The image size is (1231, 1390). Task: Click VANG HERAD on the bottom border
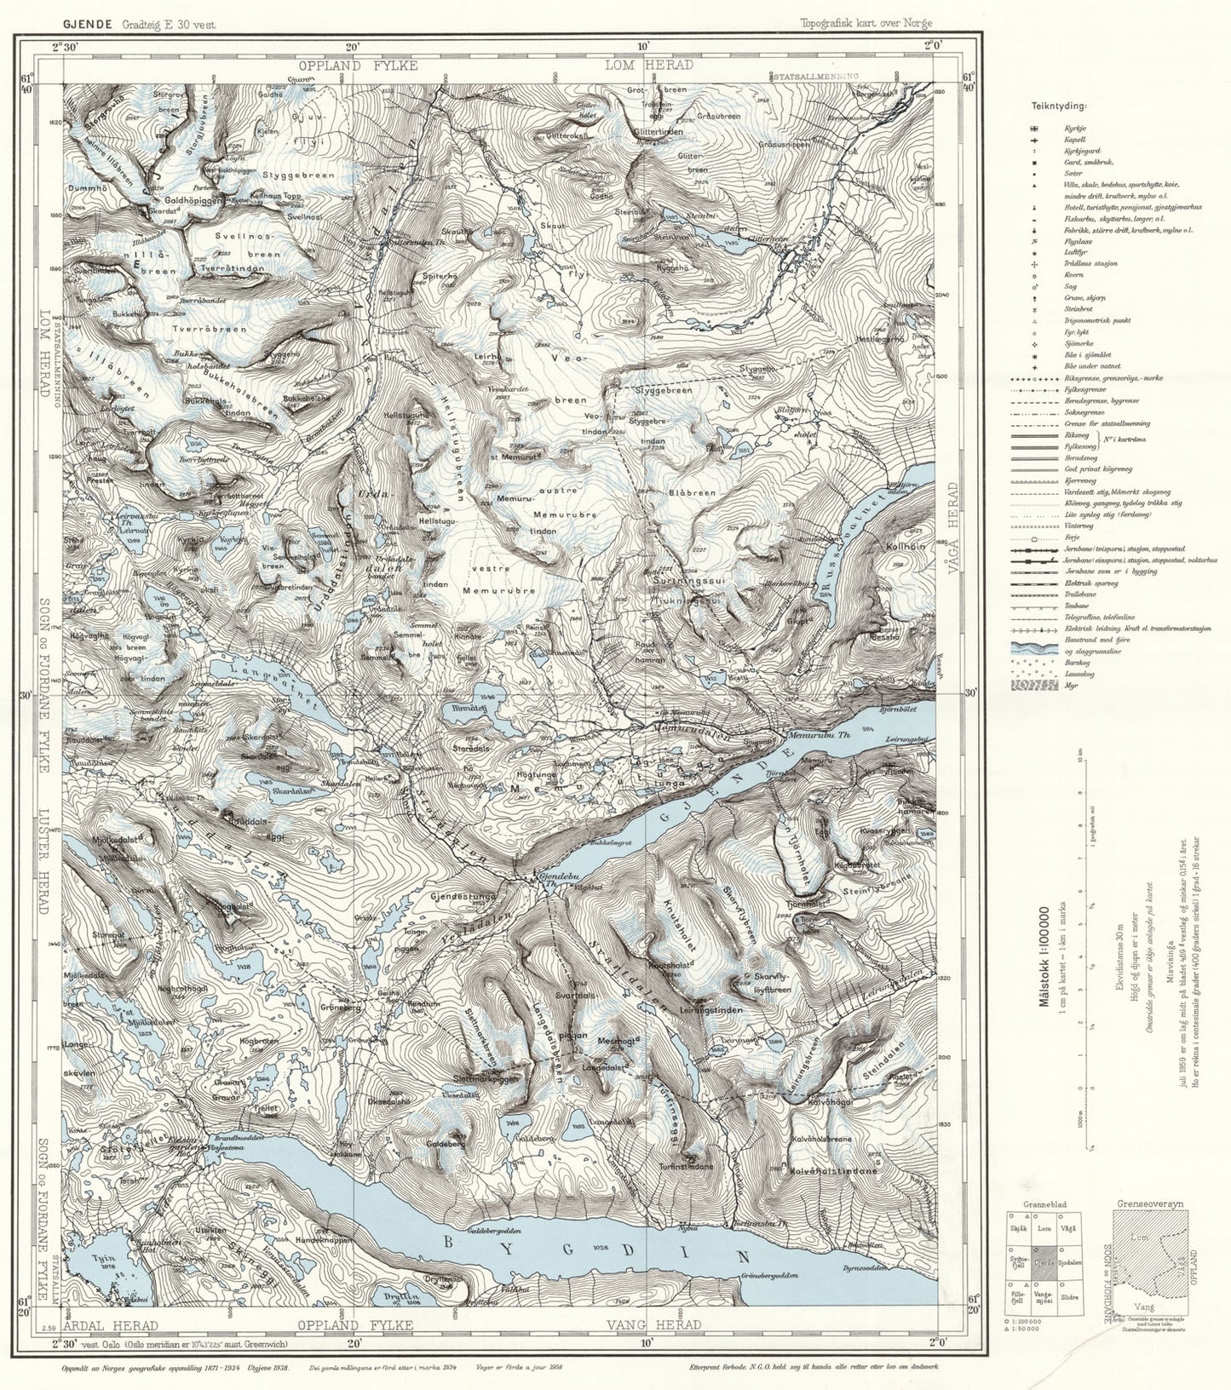(653, 1325)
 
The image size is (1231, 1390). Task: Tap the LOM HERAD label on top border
(660, 65)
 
